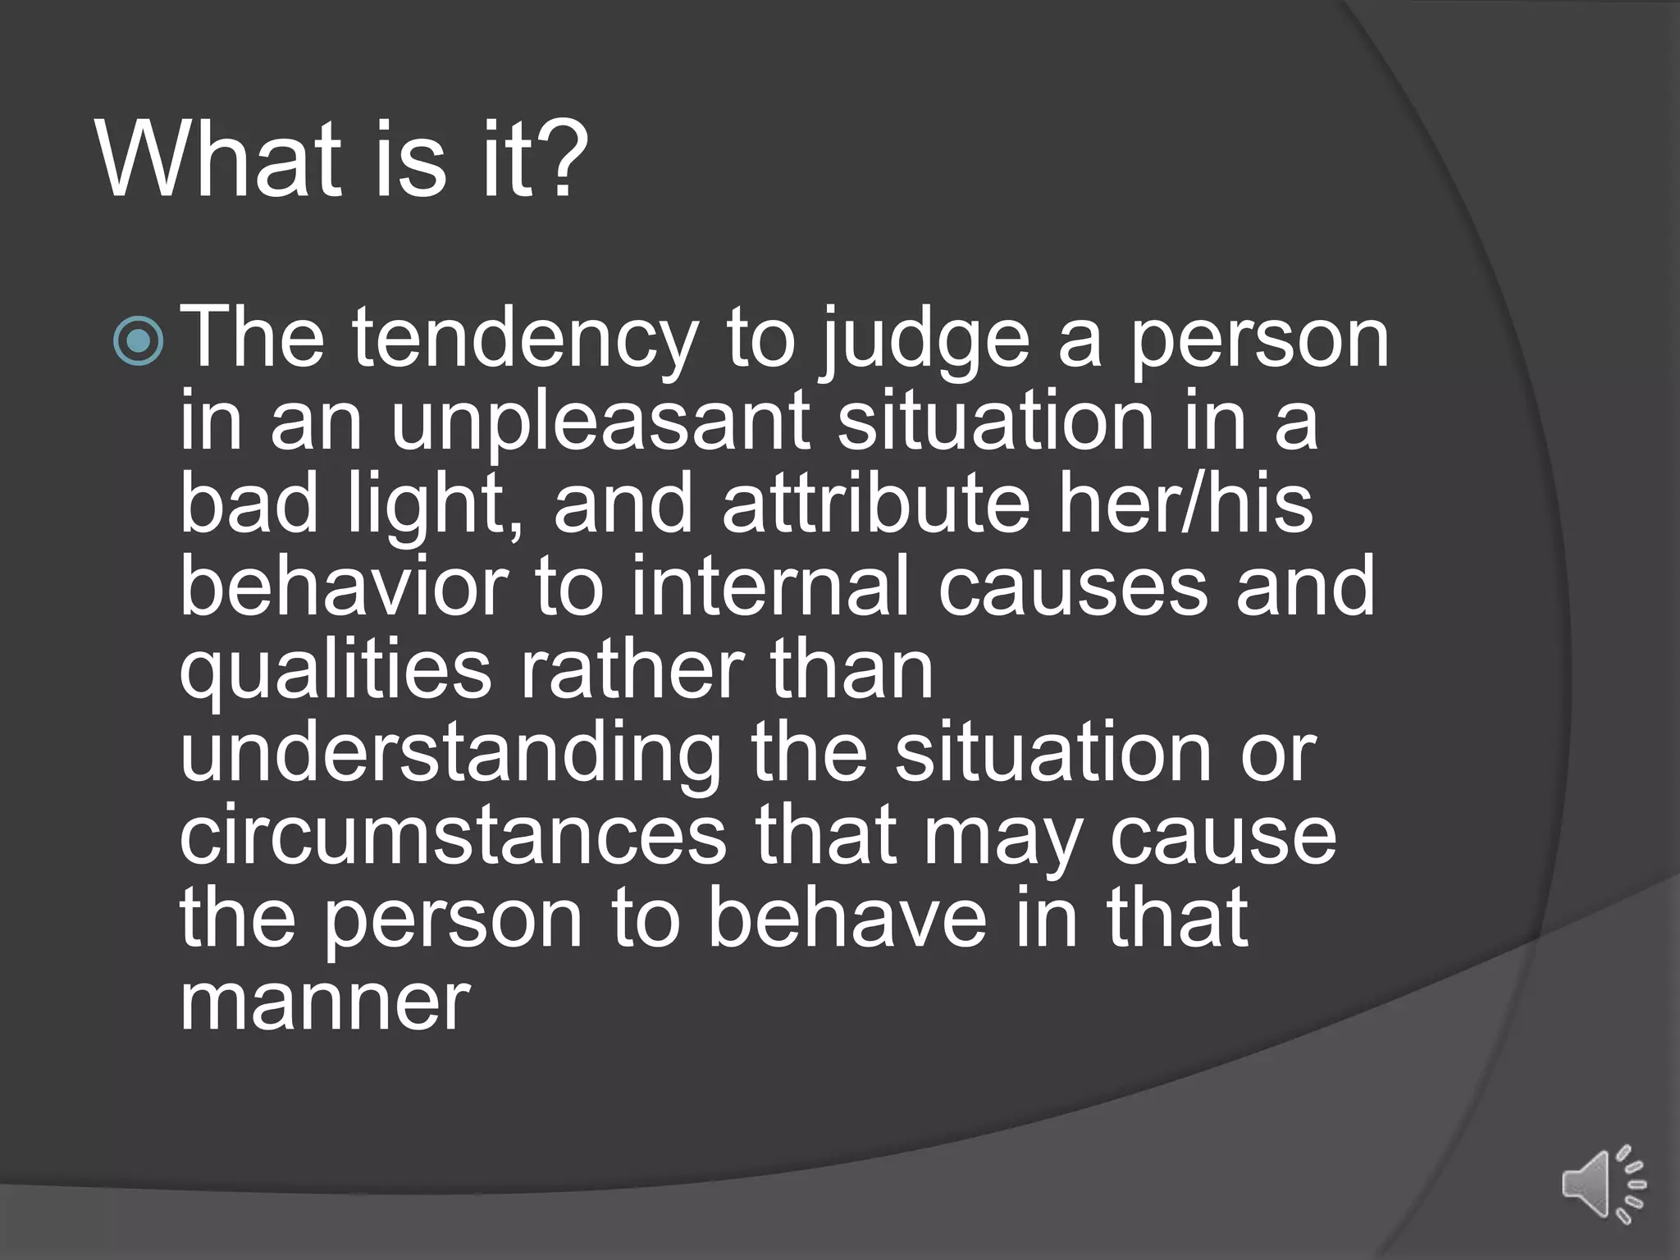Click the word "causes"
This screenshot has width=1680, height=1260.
[1073, 589]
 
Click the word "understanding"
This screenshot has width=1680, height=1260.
[450, 755]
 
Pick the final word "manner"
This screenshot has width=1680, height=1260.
[325, 1002]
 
